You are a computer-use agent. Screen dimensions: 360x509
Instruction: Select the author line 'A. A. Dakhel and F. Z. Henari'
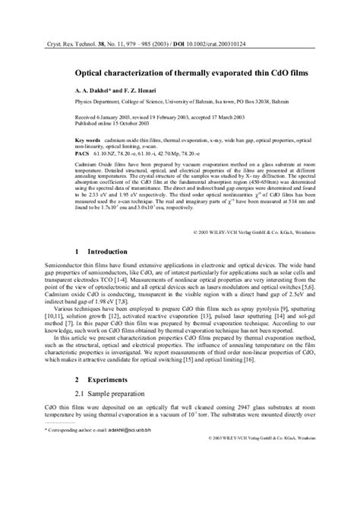pos(122,90)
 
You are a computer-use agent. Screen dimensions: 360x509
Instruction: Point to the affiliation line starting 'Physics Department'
pos(175,100)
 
